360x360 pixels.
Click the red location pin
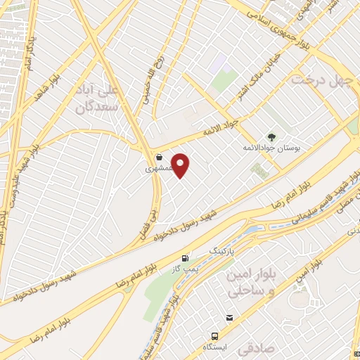tap(181, 165)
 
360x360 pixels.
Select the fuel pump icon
tap(185, 258)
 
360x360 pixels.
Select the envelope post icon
tap(229, 319)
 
